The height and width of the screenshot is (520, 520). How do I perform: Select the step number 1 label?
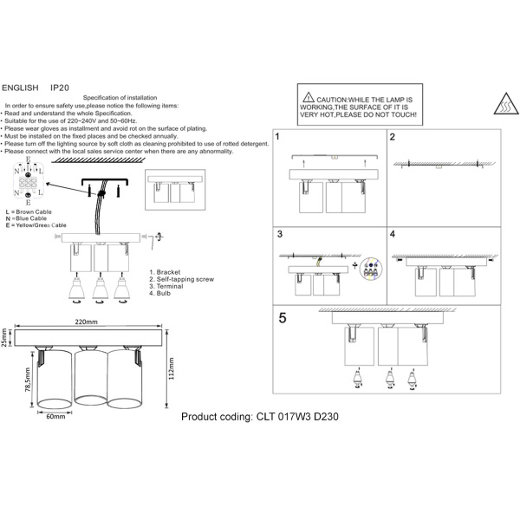pos(277,137)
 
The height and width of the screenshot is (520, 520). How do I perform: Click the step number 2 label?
pos(392,137)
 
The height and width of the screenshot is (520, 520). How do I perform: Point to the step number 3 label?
pos(279,234)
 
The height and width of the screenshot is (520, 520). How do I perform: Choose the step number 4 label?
pos(392,234)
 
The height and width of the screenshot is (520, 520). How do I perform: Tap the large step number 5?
pos(282,318)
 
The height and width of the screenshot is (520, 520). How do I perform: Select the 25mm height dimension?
pos(5,336)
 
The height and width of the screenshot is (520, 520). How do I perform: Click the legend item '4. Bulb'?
pos(161,295)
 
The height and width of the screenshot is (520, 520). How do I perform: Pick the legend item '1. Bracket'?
pos(166,272)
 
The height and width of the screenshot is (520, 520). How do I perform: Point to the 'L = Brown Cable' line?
pos(31,211)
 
